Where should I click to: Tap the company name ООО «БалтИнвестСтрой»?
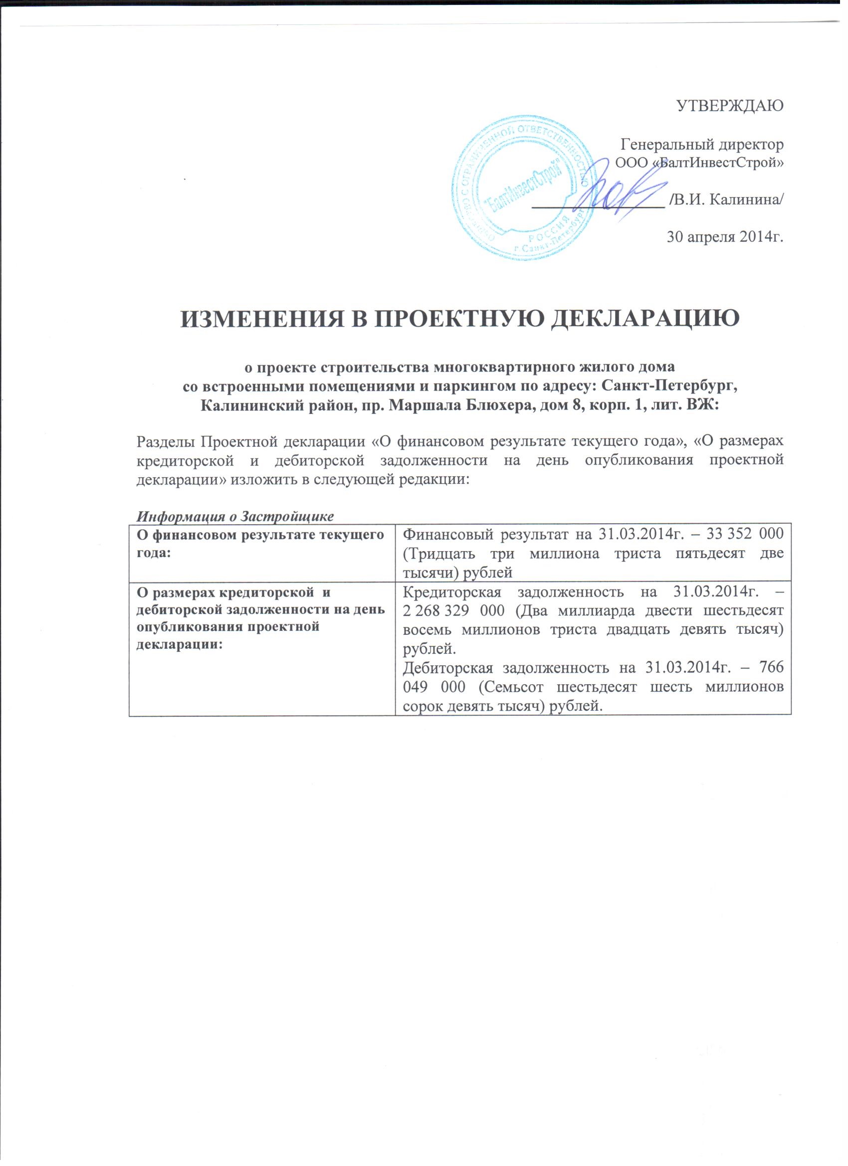click(x=700, y=164)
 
